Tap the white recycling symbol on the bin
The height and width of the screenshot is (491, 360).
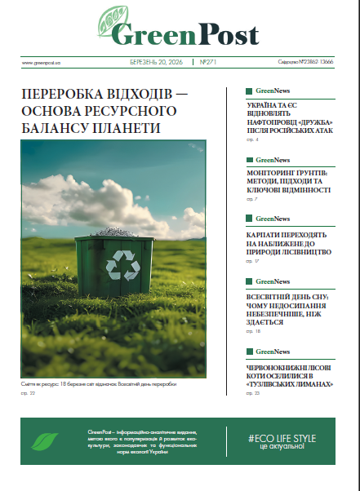[113, 263]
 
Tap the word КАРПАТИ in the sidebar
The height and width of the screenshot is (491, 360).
[264, 234]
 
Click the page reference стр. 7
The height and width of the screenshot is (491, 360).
[251, 198]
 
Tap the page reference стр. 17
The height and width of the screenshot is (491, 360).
[252, 261]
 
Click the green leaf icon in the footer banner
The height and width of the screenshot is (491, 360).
[46, 441]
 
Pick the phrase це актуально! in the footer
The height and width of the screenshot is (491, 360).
[282, 448]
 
